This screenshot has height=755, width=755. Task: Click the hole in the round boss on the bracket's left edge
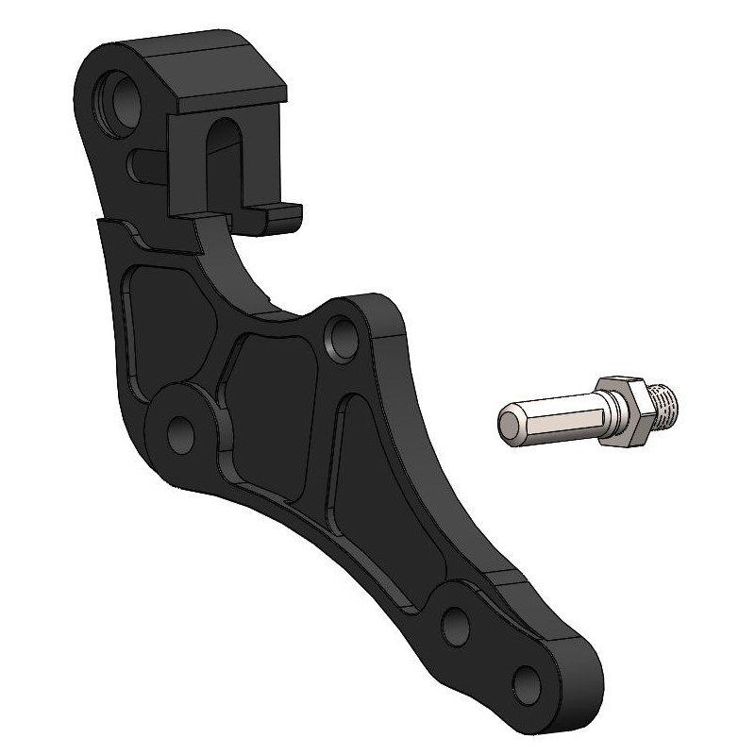178,430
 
